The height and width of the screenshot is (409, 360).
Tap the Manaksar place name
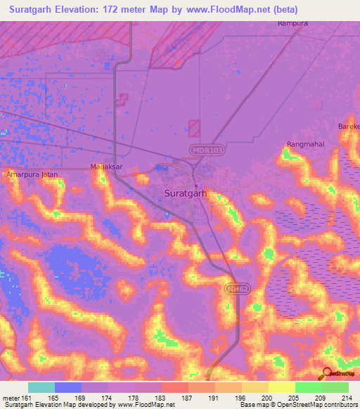107,167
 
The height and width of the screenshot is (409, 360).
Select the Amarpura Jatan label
30,174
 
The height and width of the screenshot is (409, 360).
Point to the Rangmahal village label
304,145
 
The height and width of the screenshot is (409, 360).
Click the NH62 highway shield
238,289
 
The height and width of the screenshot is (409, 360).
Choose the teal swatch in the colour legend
41,387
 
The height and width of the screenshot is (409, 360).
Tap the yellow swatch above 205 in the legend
281,387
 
